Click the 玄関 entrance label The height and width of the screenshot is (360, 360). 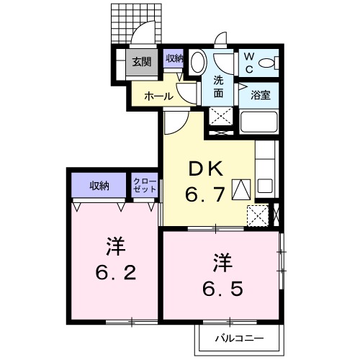coord(141,62)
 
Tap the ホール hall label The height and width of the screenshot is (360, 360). coord(158,95)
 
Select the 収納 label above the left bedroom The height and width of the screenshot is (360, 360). coord(99,186)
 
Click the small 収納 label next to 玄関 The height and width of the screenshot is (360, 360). coord(174,59)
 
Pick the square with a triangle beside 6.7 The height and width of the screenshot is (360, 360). coord(241,189)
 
